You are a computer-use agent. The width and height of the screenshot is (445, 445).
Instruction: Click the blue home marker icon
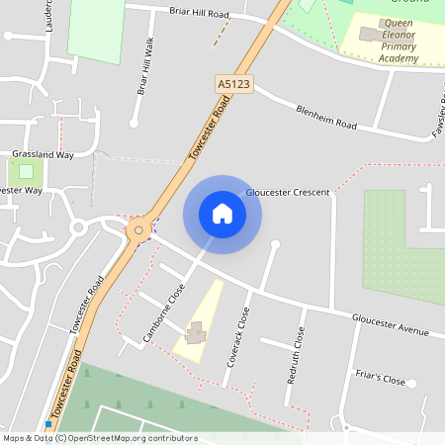click(x=222, y=214)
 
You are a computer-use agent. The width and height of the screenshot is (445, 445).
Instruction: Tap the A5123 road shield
click(x=233, y=86)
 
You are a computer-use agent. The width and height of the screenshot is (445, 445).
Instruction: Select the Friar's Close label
click(x=380, y=379)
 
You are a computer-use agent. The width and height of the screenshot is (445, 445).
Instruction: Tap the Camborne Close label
click(x=164, y=312)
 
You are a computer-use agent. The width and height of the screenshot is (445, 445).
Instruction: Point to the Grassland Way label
click(x=43, y=154)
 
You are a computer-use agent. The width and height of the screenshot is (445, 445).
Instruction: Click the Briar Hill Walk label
click(x=143, y=66)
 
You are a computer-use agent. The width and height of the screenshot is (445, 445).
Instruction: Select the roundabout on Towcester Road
click(x=139, y=229)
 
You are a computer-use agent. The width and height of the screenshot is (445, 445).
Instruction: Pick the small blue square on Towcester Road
click(x=47, y=424)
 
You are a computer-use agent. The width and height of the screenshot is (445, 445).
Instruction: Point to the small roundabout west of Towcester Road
click(x=77, y=227)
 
